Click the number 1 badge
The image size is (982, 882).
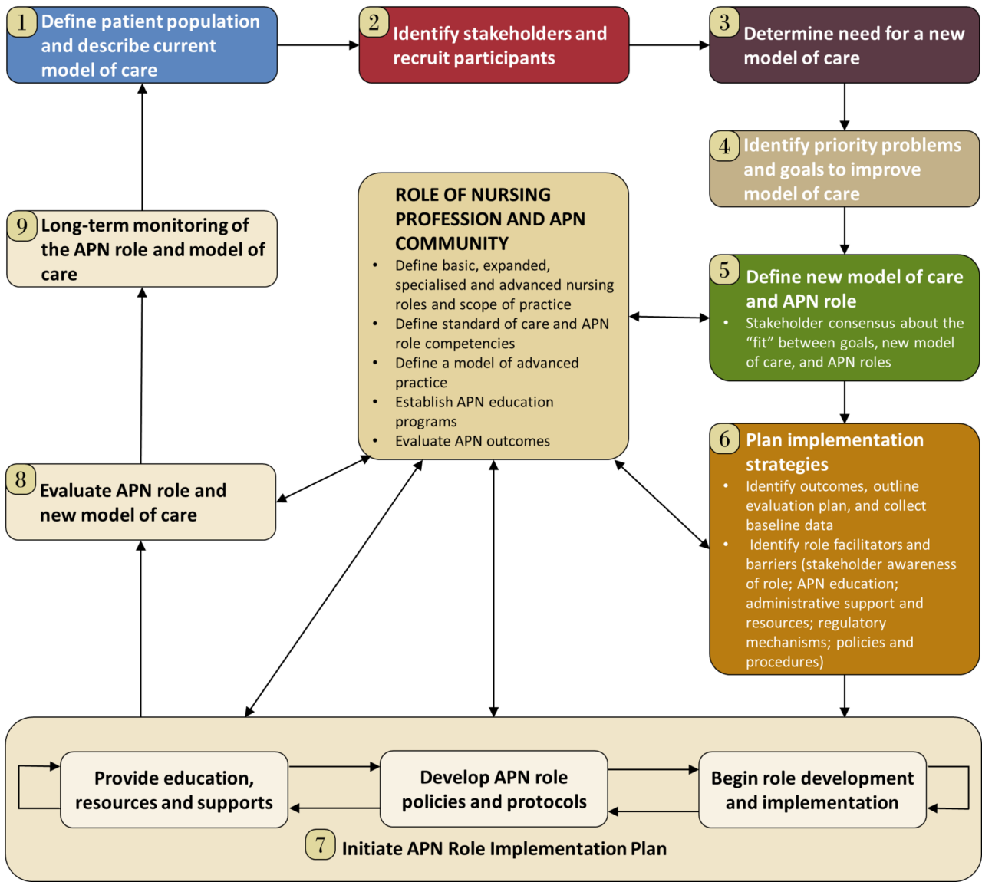click(22, 22)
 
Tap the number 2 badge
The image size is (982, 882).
click(374, 22)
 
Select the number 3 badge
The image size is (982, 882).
click(724, 22)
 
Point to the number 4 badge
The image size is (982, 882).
click(724, 146)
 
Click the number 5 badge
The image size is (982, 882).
click(724, 270)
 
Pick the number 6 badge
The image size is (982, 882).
click(724, 439)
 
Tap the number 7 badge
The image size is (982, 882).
click(321, 844)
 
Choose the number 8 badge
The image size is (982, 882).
click(21, 479)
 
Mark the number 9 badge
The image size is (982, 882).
click(22, 225)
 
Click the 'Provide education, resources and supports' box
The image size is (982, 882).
click(174, 790)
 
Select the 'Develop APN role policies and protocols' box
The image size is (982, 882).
click(494, 789)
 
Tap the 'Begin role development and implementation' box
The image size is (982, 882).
click(812, 790)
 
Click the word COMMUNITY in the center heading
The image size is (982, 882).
click(452, 244)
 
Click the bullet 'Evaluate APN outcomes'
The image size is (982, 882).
click(473, 441)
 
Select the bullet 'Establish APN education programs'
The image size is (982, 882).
click(474, 412)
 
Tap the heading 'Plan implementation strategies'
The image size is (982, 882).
click(835, 452)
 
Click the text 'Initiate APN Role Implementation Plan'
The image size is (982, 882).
click(504, 849)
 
